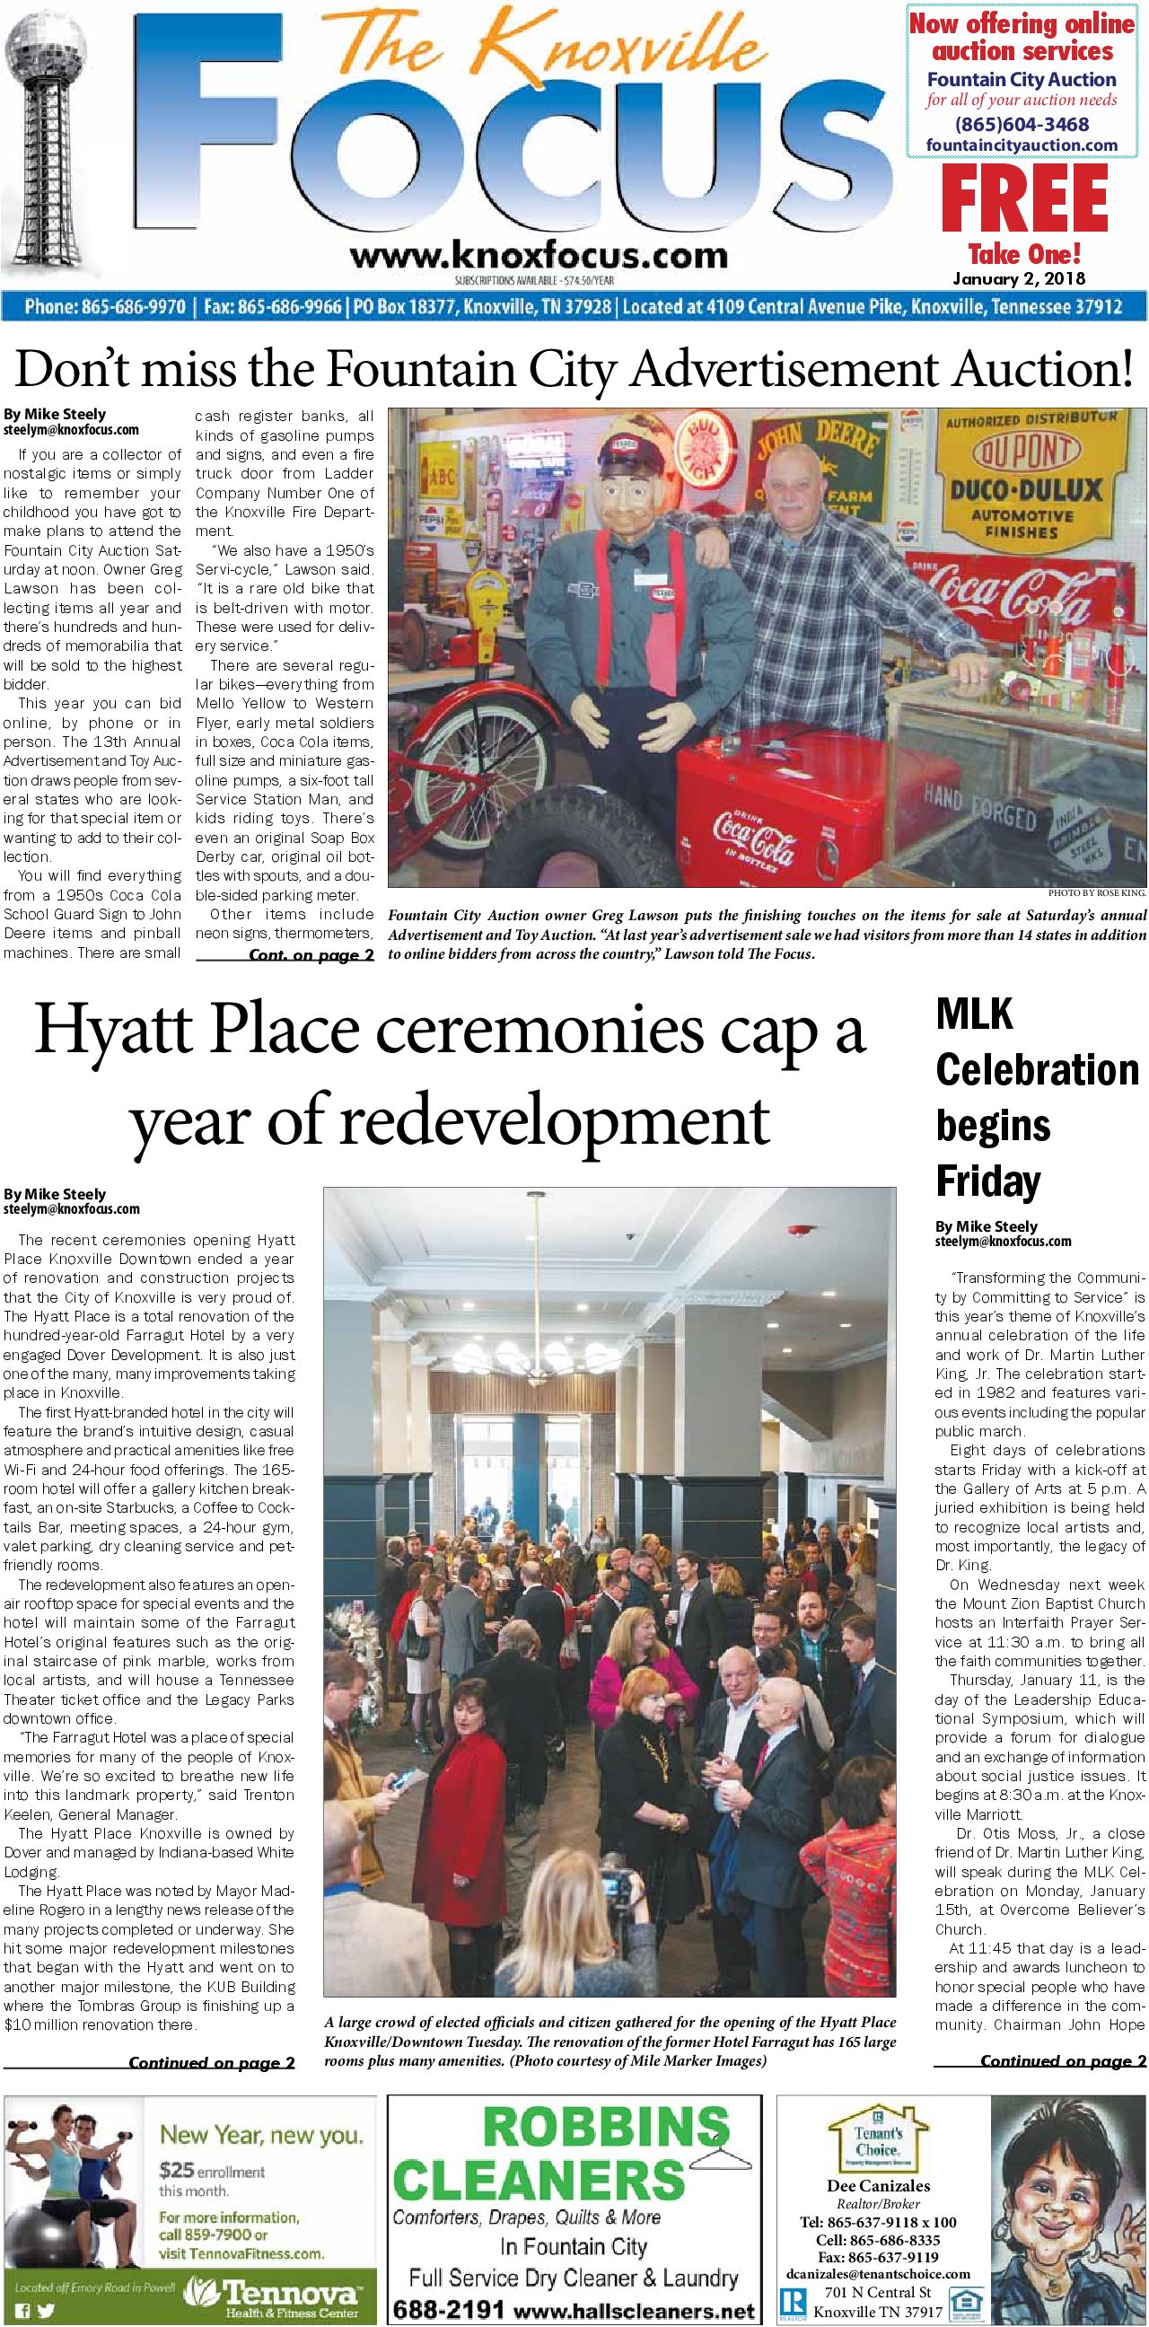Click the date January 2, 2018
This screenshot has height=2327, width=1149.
1024,278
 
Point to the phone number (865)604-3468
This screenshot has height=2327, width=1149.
1022,124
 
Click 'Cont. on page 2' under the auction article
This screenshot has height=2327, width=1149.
310,956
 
